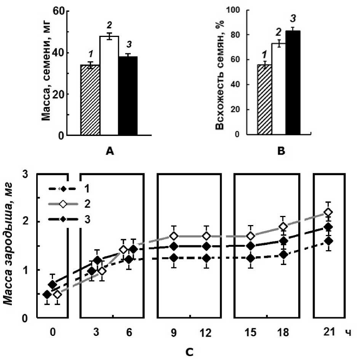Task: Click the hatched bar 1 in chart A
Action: pyautogui.click(x=90, y=100)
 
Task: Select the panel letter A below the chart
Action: pyautogui.click(x=110, y=152)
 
